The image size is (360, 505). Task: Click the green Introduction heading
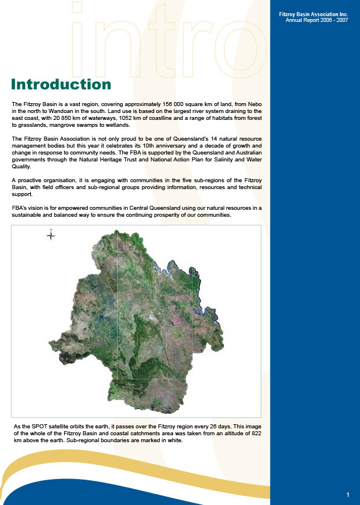[x=61, y=85]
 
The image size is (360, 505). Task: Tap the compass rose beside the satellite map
[x=51, y=234]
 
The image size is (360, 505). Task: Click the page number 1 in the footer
[x=348, y=495]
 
